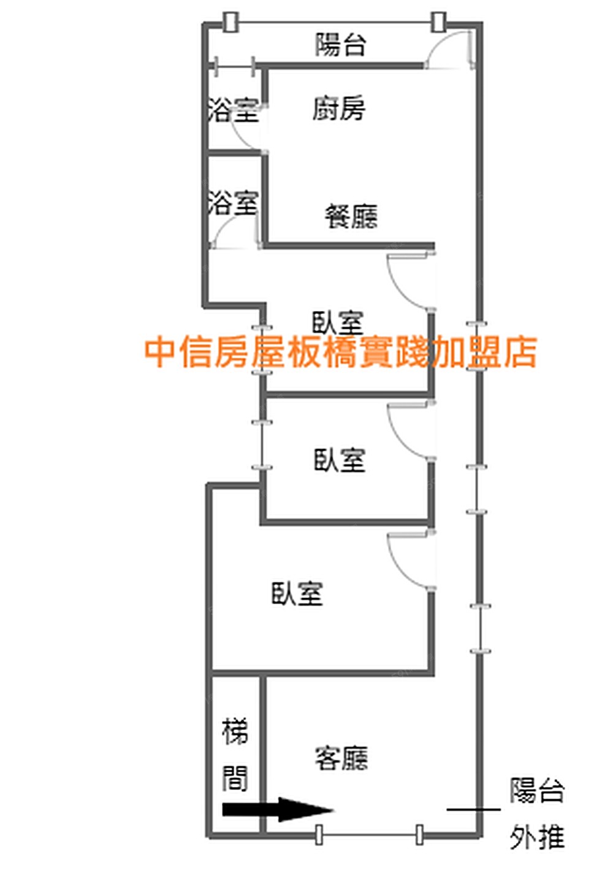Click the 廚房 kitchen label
(x=338, y=109)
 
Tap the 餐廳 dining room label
(x=351, y=217)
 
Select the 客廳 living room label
(x=341, y=758)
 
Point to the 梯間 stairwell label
(x=235, y=755)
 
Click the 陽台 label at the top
(x=341, y=45)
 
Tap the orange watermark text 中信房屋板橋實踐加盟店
(x=341, y=352)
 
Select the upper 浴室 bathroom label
(x=233, y=110)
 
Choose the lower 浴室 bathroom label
(x=233, y=203)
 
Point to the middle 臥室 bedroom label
(x=339, y=460)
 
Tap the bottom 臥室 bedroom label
(x=297, y=593)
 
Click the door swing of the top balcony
(x=447, y=47)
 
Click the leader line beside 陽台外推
(x=473, y=810)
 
